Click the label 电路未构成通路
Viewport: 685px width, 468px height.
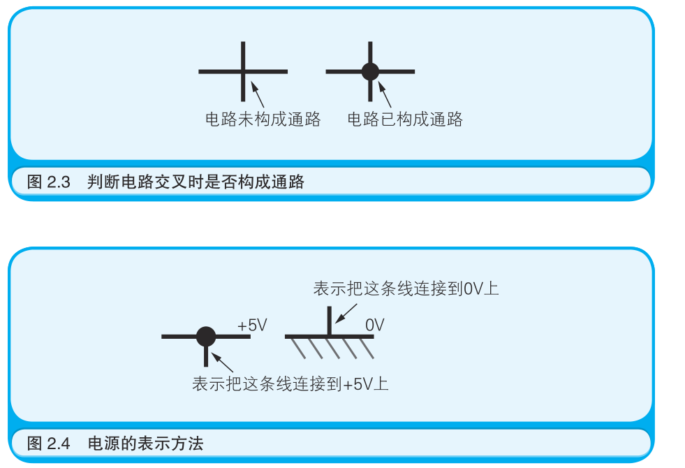pos(263,119)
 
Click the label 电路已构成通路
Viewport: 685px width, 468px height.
pos(405,119)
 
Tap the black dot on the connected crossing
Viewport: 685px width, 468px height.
pos(370,71)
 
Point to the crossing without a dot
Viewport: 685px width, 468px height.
pos(243,71)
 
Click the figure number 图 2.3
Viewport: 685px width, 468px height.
pos(49,183)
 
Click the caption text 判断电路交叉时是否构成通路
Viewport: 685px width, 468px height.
pos(196,183)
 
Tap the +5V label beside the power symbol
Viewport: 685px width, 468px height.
pos(252,326)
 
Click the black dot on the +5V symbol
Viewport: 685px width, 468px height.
pos(206,337)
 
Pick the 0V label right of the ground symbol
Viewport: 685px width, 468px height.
pos(375,325)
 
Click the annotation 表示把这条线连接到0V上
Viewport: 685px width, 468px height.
pos(406,288)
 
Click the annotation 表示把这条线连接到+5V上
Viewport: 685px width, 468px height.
pos(290,383)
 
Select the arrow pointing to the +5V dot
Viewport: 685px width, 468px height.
pos(223,362)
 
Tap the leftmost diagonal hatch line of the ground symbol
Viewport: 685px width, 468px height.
pos(297,347)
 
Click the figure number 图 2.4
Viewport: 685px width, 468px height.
pos(49,444)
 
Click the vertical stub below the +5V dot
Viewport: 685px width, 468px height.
pos(206,357)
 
